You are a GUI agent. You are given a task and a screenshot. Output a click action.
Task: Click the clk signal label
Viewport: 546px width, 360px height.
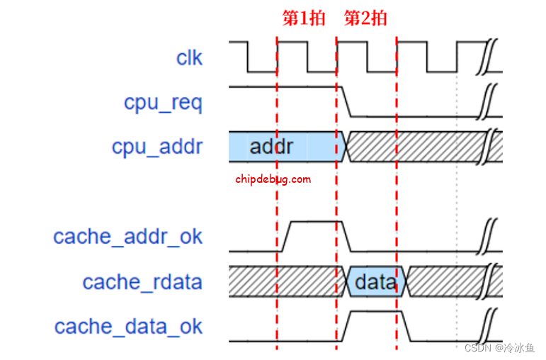click(x=189, y=57)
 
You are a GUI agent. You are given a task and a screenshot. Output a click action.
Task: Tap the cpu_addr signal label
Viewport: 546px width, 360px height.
click(x=157, y=147)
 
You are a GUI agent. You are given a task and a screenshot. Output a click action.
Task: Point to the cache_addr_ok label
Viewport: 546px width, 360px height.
click(x=128, y=236)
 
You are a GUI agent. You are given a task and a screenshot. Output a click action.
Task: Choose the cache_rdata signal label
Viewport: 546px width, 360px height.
click(x=142, y=281)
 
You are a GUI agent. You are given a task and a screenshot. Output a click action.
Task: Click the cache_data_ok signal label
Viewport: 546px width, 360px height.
click(x=128, y=326)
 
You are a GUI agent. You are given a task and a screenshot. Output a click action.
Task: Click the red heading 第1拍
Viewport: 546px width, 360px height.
click(x=304, y=18)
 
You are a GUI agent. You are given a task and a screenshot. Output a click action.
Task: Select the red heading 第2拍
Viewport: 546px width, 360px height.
click(x=365, y=18)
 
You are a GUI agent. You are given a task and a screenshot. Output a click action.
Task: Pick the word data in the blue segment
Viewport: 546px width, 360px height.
click(x=375, y=282)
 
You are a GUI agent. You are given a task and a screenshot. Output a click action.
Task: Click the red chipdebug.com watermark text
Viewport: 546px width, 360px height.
click(x=273, y=179)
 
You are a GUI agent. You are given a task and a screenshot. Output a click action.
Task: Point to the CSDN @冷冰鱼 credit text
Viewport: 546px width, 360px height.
click(x=499, y=347)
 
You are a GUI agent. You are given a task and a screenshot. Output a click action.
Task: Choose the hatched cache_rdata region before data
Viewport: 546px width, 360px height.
click(x=283, y=282)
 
